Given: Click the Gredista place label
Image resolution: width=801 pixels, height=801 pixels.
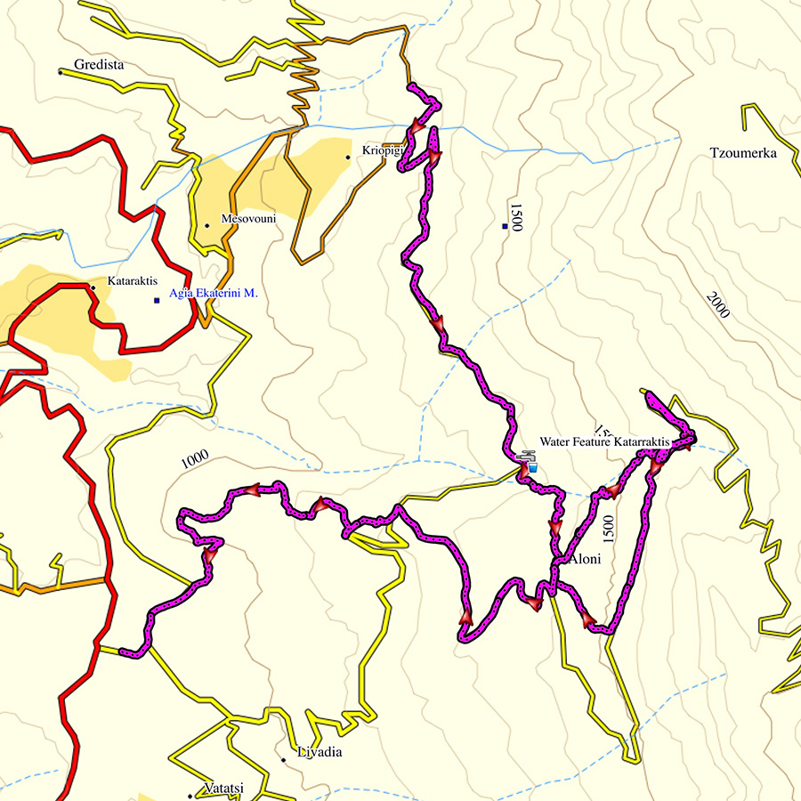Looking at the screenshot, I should point(100,65).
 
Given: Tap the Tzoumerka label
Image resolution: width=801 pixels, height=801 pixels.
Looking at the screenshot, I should point(743,153).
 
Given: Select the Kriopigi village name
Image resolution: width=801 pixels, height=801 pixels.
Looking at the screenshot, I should point(383,150).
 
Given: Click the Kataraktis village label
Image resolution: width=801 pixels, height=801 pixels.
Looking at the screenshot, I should point(132,281).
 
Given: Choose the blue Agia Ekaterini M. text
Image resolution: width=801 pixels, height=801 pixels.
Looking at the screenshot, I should point(213,293).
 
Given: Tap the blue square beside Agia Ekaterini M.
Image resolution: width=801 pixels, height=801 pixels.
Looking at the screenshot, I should point(157,300).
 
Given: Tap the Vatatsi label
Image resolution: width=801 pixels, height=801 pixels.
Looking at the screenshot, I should point(224,789).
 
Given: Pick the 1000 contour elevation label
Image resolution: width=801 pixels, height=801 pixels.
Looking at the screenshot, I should point(194,457).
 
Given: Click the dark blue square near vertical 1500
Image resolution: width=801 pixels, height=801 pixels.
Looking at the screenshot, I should point(505,227).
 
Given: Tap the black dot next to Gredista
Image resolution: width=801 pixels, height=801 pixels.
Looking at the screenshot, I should point(61,71).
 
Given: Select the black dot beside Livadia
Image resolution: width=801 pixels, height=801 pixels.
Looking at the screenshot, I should point(283,760).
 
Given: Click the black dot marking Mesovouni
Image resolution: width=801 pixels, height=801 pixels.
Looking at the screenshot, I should point(206,225).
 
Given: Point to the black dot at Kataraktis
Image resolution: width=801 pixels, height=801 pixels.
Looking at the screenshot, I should point(93,287).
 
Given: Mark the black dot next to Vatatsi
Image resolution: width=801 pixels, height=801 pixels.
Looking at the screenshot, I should point(190,795).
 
